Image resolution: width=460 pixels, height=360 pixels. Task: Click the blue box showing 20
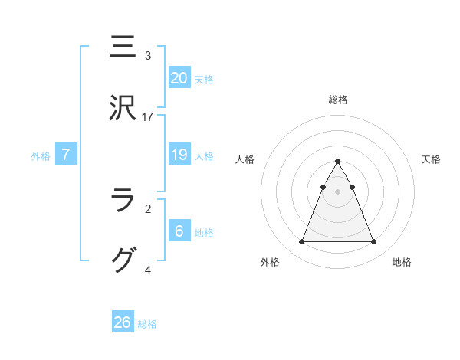(179, 77)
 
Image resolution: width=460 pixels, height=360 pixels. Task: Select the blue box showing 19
(179, 155)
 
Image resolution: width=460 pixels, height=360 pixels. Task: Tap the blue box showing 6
(179, 231)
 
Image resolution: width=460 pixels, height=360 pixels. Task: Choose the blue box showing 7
(66, 155)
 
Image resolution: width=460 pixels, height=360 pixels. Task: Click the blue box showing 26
(123, 322)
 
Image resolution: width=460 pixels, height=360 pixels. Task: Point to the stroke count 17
(149, 116)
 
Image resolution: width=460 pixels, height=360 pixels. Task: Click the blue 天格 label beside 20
(204, 79)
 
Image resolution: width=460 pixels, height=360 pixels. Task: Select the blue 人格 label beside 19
(204, 155)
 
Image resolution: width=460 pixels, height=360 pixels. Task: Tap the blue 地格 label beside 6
(204, 233)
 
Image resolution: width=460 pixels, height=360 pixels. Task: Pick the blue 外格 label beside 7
(41, 156)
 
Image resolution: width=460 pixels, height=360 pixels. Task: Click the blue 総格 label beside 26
(147, 324)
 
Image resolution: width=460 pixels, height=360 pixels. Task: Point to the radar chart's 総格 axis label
(338, 100)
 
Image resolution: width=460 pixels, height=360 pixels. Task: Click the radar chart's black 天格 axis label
(432, 159)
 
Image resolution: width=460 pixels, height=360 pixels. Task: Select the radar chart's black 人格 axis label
(245, 159)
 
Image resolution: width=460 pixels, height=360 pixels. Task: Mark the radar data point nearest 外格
(301, 242)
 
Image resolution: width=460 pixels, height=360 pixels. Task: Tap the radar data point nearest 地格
(374, 242)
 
